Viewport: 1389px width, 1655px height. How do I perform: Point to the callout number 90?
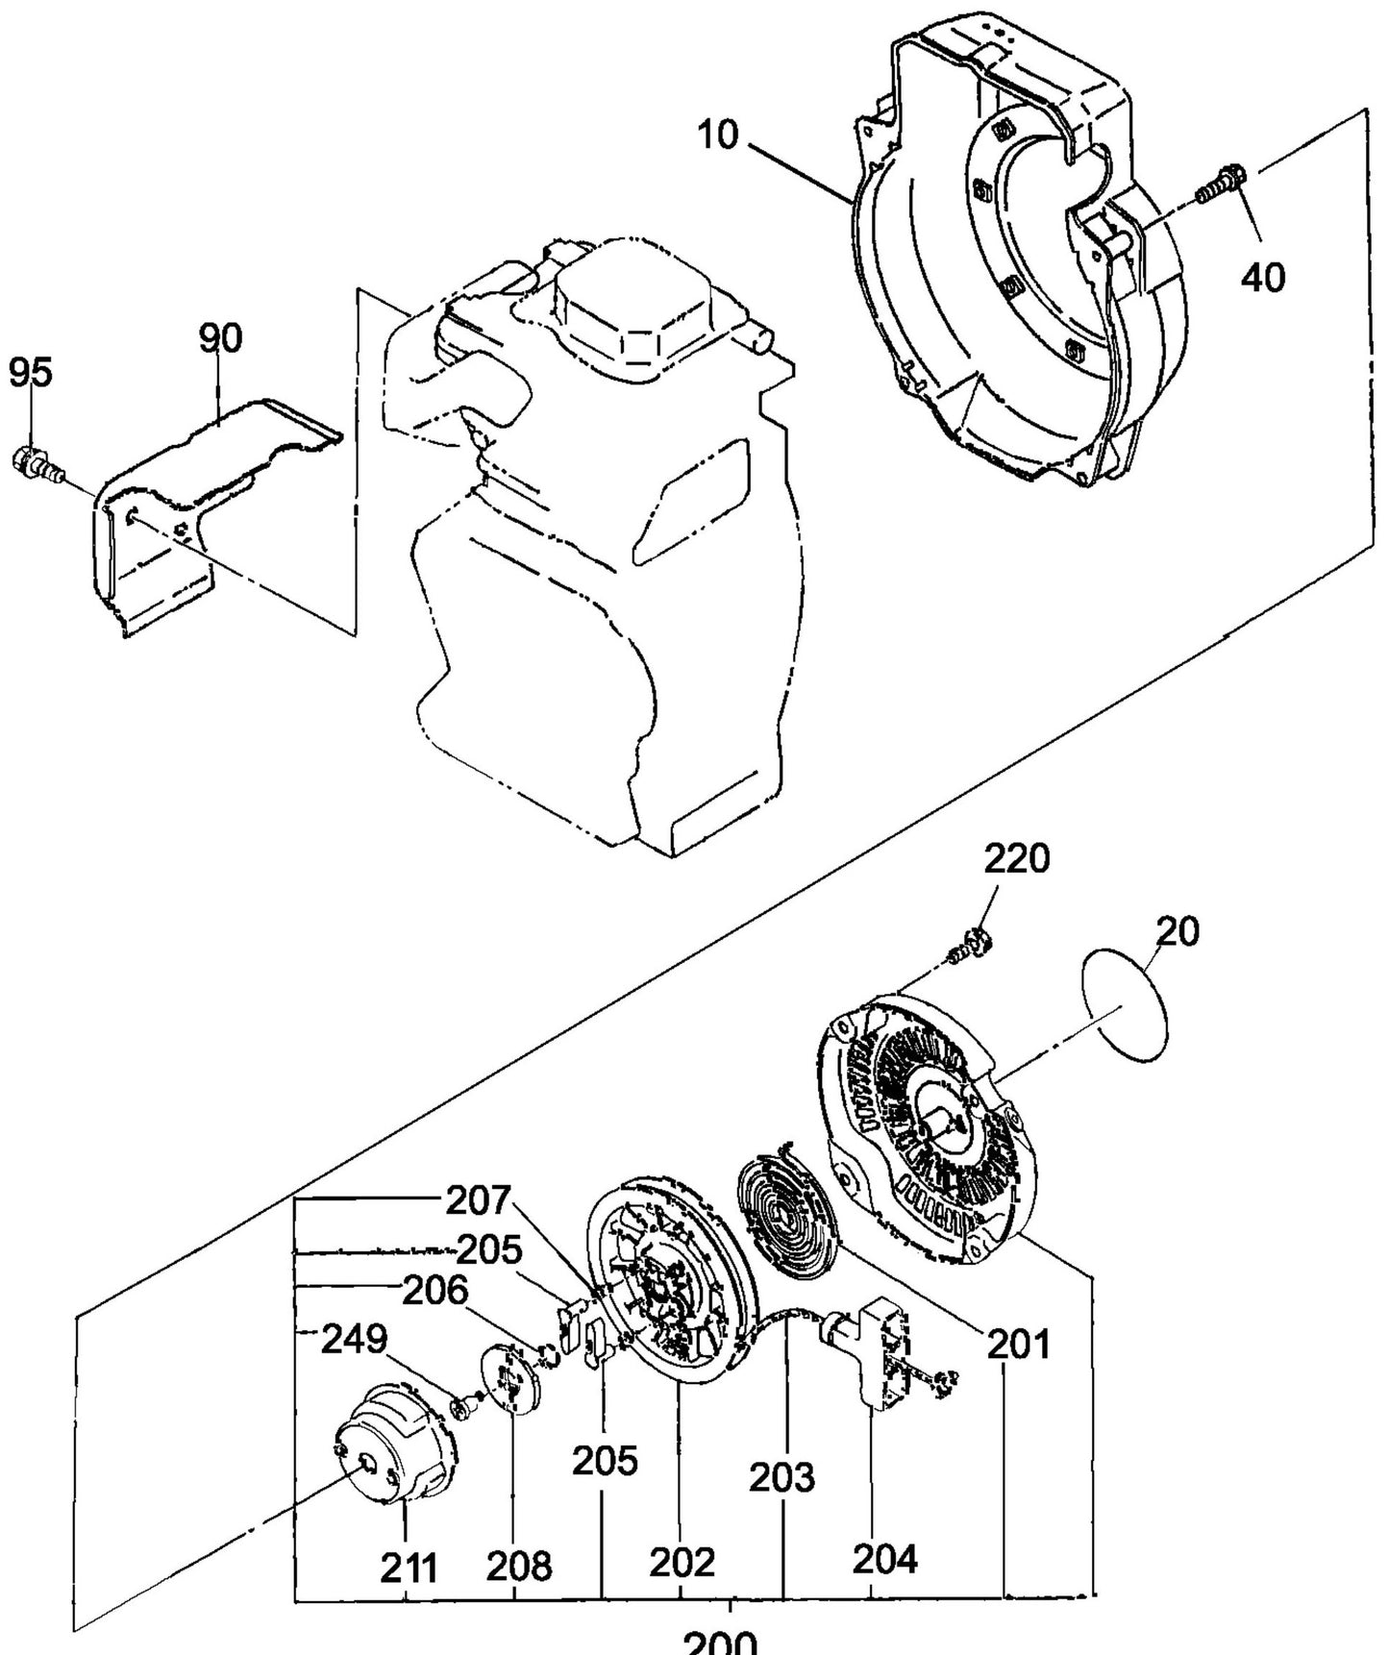tap(220, 339)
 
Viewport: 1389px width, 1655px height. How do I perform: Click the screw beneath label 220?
tap(966, 947)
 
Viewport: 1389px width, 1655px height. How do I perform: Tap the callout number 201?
tap(1018, 1344)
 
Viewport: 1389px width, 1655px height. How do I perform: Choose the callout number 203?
tap(782, 1477)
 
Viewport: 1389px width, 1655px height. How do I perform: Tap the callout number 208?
tap(518, 1567)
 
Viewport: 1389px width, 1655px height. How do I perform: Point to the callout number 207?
tap(480, 1200)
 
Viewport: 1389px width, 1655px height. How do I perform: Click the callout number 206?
tap(434, 1291)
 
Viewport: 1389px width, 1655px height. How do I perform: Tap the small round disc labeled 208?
tap(510, 1380)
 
